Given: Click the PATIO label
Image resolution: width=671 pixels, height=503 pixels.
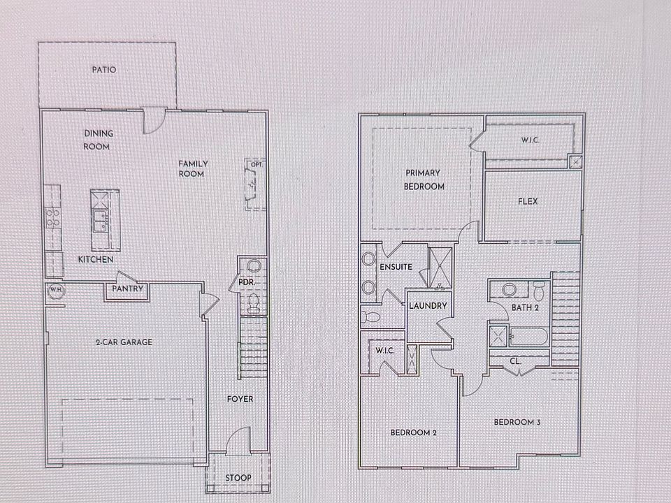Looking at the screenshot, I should (x=103, y=70).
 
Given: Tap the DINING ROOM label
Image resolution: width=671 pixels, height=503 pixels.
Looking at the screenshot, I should (x=99, y=140).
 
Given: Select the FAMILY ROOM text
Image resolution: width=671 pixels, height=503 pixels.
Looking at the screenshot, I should (x=193, y=168).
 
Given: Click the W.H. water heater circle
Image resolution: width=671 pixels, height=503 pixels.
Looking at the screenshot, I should (x=55, y=292).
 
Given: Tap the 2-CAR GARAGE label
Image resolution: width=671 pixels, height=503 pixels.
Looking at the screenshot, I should (x=124, y=342).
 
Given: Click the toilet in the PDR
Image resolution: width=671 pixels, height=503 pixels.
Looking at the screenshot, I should (x=253, y=303).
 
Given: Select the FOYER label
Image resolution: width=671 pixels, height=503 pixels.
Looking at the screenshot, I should (x=240, y=399).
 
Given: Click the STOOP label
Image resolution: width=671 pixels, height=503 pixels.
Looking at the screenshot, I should (x=238, y=479).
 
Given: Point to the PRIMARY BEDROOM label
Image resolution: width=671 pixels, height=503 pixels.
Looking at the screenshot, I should (x=424, y=180).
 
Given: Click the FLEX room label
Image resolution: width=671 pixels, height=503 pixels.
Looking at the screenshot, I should (x=528, y=203).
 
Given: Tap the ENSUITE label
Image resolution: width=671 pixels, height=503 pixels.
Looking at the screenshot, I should (x=396, y=267).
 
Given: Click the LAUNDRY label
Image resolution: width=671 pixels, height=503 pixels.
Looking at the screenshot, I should (x=427, y=306).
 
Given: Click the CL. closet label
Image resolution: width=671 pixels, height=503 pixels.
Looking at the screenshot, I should (x=515, y=361).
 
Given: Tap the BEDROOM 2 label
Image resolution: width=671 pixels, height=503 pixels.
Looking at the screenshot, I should (x=413, y=433).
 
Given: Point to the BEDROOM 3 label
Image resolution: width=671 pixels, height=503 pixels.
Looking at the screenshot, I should (x=517, y=422).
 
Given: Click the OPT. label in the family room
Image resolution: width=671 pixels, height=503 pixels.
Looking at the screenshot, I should (x=257, y=164).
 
